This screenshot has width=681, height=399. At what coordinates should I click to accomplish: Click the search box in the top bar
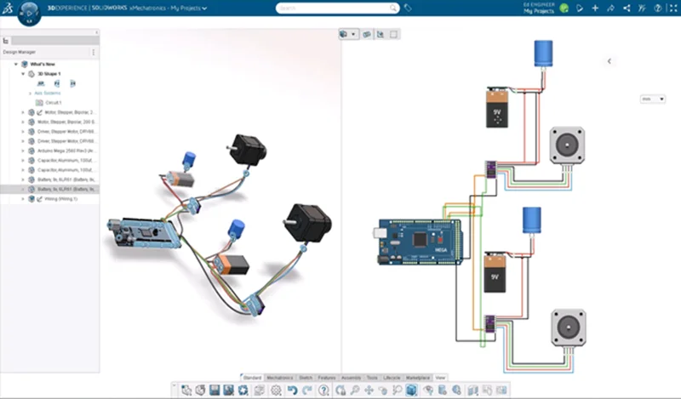click(336, 8)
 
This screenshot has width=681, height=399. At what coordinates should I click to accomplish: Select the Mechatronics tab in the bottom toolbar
click(280, 377)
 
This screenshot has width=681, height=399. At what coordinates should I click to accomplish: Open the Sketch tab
click(305, 377)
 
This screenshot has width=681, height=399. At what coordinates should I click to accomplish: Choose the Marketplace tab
click(417, 377)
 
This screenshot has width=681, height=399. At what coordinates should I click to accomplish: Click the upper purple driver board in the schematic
click(492, 168)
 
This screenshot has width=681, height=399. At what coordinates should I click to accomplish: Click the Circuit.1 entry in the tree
click(54, 102)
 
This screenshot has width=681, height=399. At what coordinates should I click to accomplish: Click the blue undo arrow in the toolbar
click(292, 390)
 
